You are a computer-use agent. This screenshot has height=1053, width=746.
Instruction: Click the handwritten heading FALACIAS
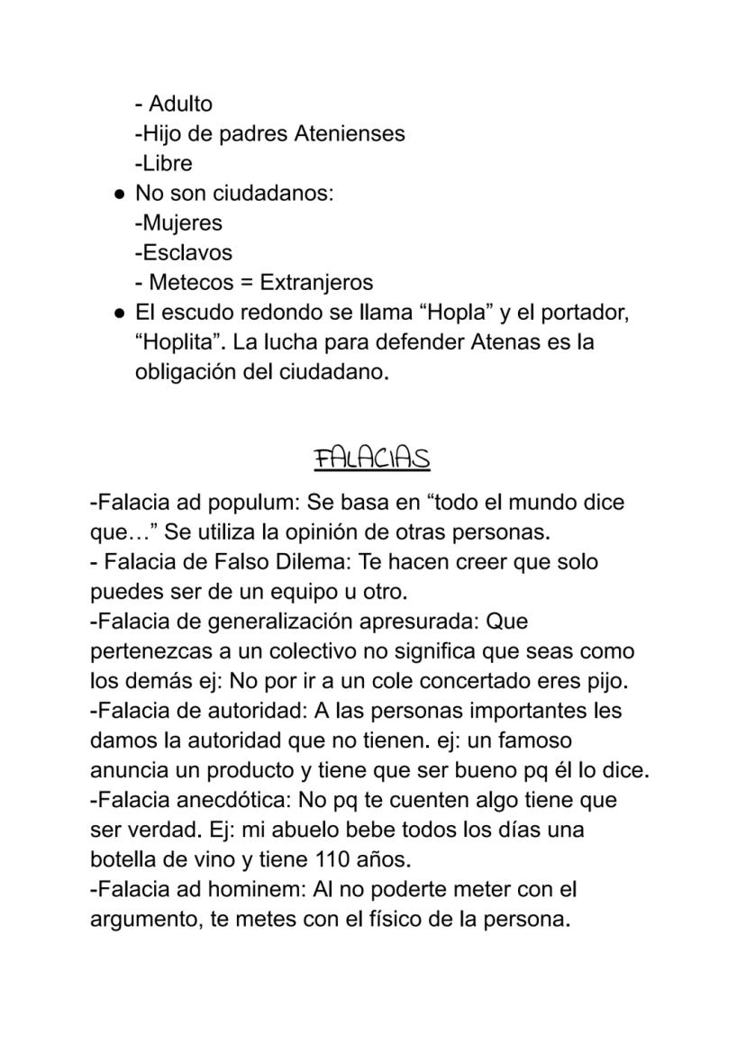coord(371,458)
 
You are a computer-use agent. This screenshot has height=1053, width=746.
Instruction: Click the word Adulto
coord(181,104)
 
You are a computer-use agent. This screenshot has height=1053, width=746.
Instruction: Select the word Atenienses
coord(350,133)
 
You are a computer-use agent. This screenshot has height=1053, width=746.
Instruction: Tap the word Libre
coord(167,163)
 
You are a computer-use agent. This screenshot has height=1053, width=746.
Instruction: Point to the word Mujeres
coord(182,222)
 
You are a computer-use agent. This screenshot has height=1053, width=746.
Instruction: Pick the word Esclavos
coord(186,252)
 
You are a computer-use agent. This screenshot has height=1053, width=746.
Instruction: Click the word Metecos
coord(190,282)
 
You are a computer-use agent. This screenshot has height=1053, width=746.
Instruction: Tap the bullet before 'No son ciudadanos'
coord(118,194)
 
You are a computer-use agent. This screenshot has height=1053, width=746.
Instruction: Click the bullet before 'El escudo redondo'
coord(118,313)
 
